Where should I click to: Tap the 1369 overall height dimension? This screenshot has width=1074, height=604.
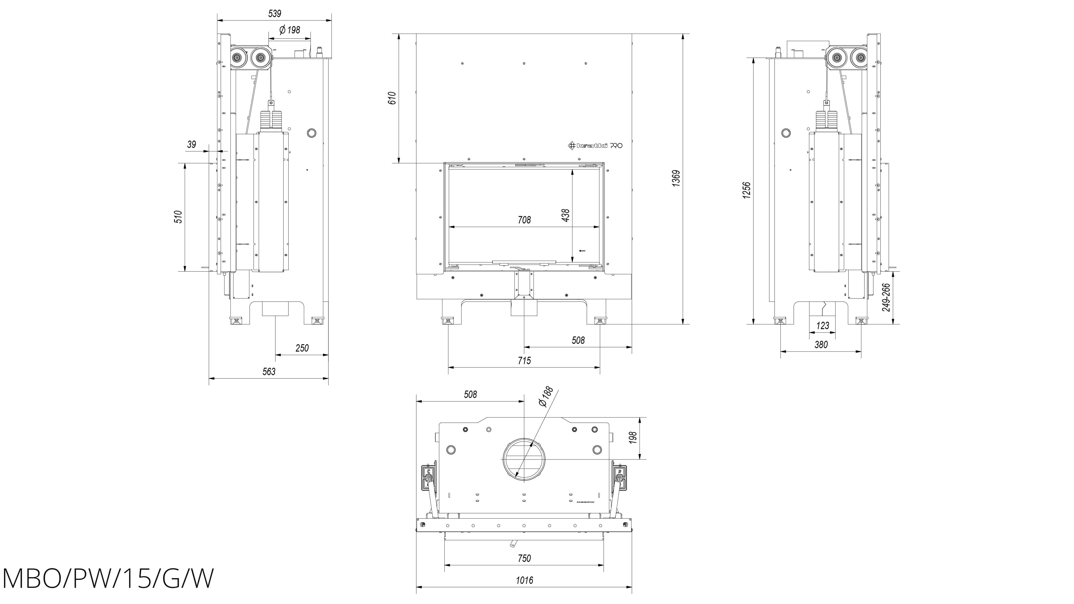coord(676,178)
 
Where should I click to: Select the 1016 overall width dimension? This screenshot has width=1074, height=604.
coord(524,580)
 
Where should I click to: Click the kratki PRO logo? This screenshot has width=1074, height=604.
coord(596,145)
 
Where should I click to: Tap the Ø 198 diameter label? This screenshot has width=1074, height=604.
coord(289,30)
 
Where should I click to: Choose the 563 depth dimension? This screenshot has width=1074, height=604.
coord(269,372)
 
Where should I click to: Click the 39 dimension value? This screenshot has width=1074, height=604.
coord(191,145)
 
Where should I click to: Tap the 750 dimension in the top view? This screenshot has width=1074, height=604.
coord(524,558)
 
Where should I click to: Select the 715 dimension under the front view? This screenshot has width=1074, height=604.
coord(524,361)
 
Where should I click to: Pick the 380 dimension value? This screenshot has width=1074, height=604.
coord(821,345)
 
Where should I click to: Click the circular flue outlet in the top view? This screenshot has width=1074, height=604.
coord(524,459)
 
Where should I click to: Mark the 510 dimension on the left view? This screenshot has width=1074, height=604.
coord(178,217)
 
